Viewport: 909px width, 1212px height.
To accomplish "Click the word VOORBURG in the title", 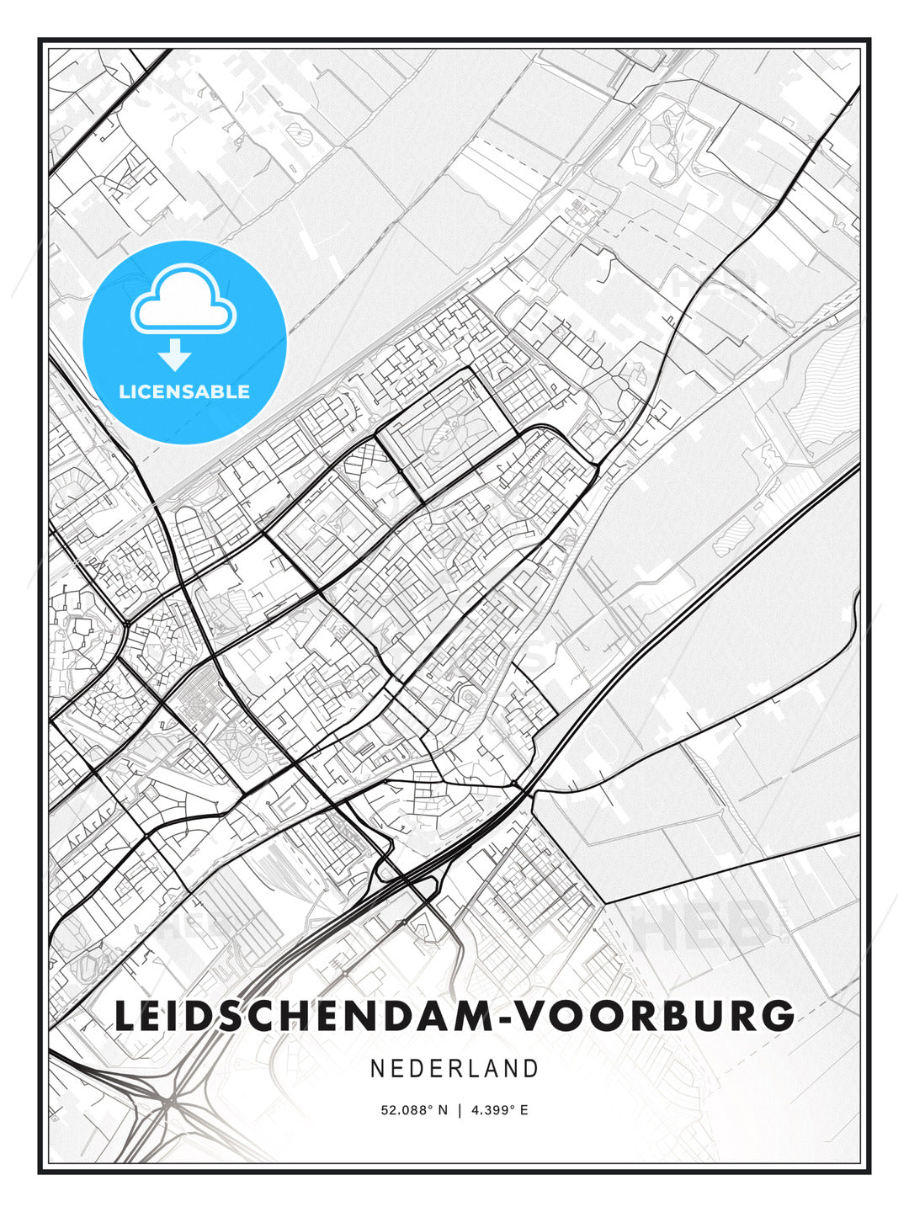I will [x=654, y=1016].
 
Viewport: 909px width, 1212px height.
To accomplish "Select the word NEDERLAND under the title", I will [x=454, y=1069].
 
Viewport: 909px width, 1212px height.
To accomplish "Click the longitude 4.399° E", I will [x=500, y=1110].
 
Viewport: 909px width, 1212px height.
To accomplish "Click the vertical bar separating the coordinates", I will [x=460, y=1110].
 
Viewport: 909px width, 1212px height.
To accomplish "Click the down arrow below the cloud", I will [x=176, y=355].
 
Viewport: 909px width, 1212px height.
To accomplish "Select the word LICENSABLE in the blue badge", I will [x=184, y=391].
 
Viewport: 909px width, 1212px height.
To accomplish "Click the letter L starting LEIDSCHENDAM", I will [x=125, y=1016].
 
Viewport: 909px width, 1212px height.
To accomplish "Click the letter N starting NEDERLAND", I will [x=378, y=1069].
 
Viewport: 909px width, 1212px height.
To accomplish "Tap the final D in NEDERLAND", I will [x=530, y=1069].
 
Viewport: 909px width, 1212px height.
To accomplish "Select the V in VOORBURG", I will [x=529, y=1016].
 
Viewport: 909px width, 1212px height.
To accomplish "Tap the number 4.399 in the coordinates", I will [x=491, y=1110].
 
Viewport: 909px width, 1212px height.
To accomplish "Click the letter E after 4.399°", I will [x=524, y=1110].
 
